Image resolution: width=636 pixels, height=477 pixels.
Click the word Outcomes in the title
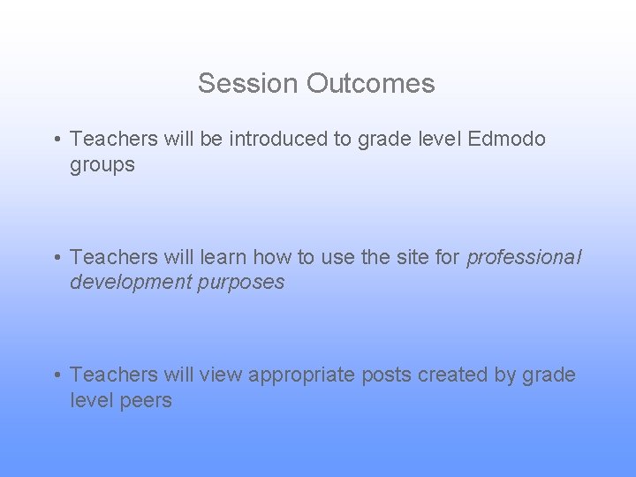(371, 83)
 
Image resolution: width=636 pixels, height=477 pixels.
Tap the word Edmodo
(507, 140)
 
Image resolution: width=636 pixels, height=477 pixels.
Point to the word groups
(102, 165)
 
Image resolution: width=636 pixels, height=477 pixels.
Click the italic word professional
(524, 258)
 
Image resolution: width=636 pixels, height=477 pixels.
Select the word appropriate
(301, 375)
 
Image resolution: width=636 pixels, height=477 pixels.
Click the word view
(221, 375)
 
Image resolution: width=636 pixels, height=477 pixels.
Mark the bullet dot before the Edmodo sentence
(56, 140)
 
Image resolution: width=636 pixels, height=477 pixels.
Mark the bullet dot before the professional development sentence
(56, 258)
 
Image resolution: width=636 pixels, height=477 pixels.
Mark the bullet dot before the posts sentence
(56, 375)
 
